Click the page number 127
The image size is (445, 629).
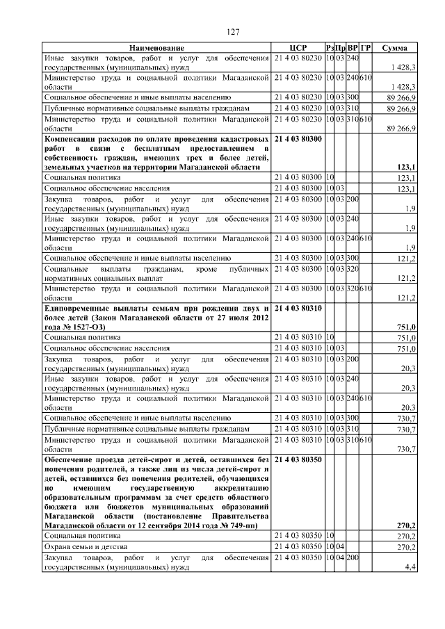tap(233, 33)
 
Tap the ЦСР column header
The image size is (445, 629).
tap(298, 47)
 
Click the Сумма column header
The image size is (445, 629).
tap(399, 47)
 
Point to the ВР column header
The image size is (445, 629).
tap(353, 47)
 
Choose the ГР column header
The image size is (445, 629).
tap(366, 47)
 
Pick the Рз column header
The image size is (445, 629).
tap(330, 47)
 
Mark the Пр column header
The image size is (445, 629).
tap(341, 47)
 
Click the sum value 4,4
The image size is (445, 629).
tap(410, 568)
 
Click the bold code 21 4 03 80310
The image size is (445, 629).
tap(298, 307)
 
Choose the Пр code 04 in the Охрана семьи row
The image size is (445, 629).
tap(341, 548)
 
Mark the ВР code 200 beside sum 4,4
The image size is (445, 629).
tap(353, 558)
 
